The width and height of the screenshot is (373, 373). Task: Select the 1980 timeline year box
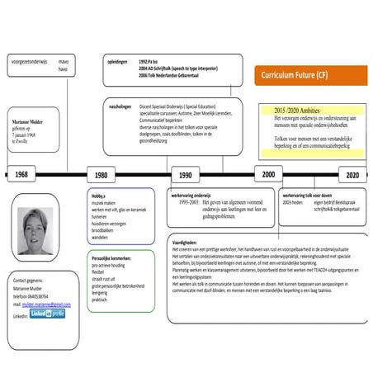click(101, 175)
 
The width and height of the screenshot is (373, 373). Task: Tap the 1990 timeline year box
click(185, 175)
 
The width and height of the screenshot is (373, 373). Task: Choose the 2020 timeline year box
click(352, 175)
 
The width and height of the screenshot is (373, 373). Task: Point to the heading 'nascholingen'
click(120, 106)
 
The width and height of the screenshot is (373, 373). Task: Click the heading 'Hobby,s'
click(102, 195)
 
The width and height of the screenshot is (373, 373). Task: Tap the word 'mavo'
click(61, 60)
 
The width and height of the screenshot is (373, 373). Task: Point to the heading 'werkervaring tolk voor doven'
click(313, 195)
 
